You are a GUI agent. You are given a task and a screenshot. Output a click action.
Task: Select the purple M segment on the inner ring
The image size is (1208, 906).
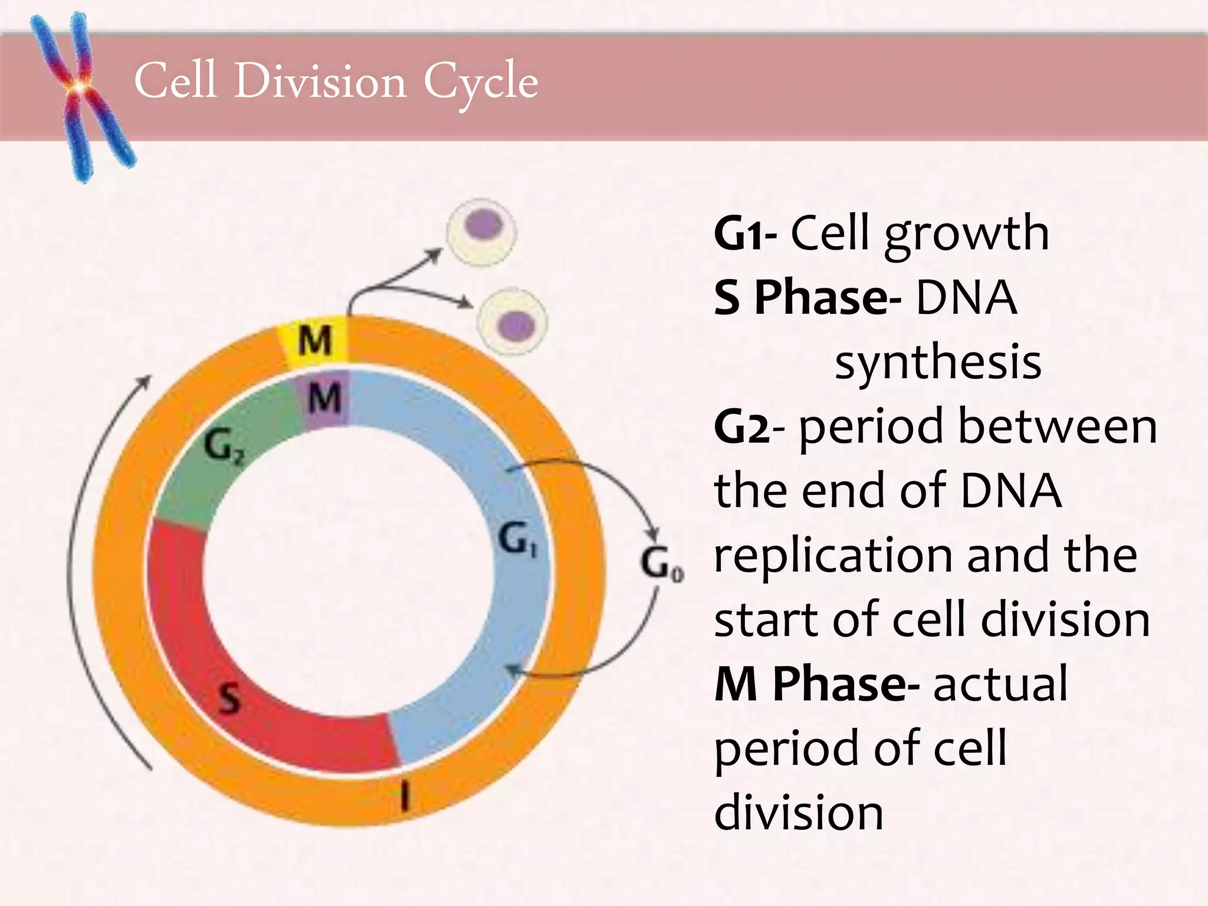pos(325,398)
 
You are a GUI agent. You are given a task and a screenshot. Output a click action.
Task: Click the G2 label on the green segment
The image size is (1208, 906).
pos(223,448)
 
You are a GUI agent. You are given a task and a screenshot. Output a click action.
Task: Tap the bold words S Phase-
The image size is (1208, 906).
pos(807,298)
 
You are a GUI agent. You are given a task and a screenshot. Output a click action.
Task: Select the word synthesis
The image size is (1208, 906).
pos(938,362)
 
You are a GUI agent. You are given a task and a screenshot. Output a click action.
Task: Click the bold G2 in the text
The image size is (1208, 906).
pos(741,427)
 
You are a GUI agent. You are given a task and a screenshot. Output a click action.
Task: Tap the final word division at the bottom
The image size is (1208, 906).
pos(799,813)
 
